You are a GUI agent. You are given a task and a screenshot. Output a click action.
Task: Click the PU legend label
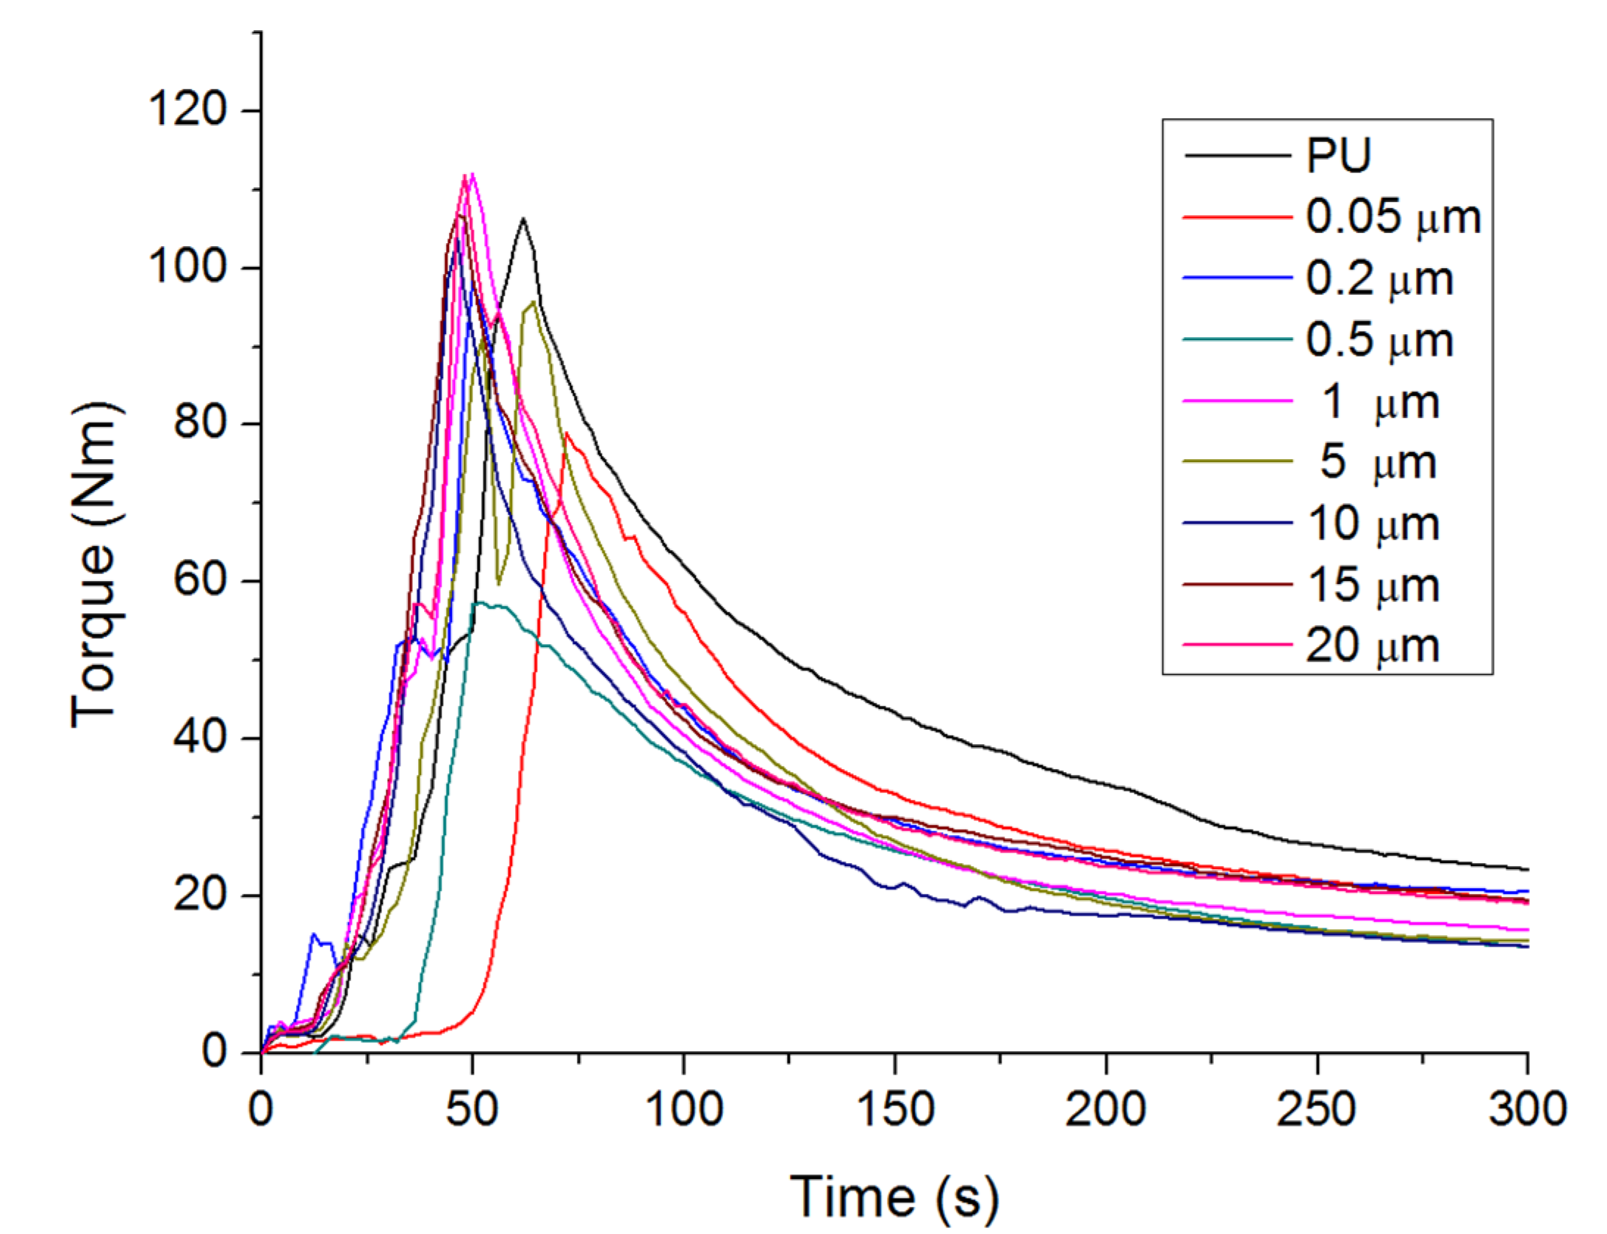(1338, 155)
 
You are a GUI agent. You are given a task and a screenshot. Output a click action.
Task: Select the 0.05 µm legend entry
(1392, 217)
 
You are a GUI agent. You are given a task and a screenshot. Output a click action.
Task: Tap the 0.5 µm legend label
(1379, 339)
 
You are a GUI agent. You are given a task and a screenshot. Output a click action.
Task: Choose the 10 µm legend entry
(1373, 524)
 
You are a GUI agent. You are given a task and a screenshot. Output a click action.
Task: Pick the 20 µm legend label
(1372, 646)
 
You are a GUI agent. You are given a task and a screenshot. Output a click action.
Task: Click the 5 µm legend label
(1378, 462)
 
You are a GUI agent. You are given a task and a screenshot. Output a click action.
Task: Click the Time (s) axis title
(894, 1197)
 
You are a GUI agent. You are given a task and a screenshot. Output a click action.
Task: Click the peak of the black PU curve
(522, 218)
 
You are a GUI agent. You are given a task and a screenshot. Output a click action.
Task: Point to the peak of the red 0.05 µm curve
(567, 433)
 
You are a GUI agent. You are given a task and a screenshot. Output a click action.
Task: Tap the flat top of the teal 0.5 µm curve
(489, 605)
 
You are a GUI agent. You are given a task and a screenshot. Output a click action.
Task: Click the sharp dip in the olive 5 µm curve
(499, 584)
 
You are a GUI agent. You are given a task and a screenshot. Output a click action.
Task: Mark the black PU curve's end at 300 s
(1527, 870)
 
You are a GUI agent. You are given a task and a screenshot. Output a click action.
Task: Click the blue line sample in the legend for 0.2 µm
(1237, 278)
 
